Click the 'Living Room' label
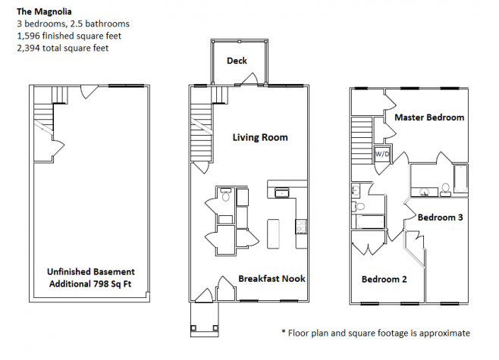coord(260,137)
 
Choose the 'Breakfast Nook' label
coord(271,278)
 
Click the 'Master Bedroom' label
coord(429,117)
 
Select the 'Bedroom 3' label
coord(441,217)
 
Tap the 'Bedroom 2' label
coord(384,279)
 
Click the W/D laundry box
coord(382,155)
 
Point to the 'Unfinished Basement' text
coord(92,271)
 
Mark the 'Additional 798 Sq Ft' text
coord(92,283)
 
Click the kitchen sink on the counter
coord(282,193)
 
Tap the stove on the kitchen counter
coord(300,225)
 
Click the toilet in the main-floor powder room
coord(225,196)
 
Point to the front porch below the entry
coord(203,322)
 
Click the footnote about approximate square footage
coord(375,333)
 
